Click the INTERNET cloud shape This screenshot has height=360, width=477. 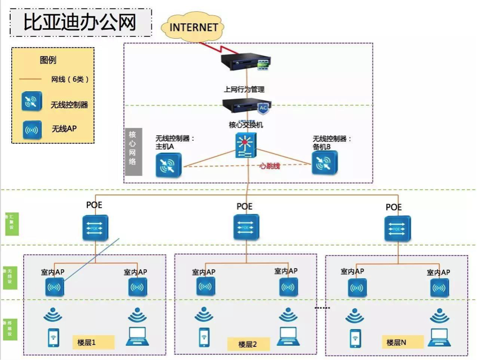coord(193,26)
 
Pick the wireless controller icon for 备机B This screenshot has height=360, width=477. coord(325,163)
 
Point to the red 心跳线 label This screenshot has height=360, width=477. coord(269,166)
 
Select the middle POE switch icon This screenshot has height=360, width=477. coord(244,227)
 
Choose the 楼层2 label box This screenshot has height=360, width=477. coord(248,344)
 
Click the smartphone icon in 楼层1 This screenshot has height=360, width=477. coord(54,337)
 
